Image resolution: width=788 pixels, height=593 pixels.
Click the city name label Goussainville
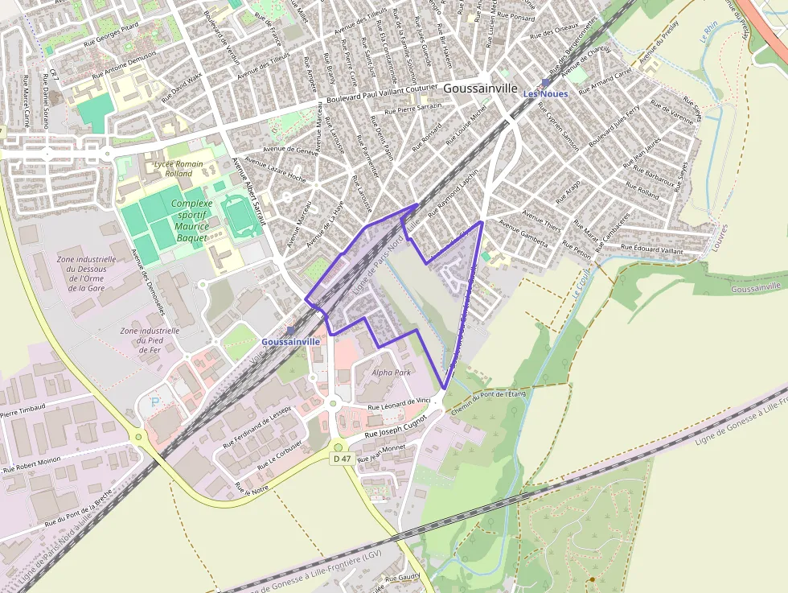[480, 89]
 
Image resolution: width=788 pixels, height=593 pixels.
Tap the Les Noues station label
[546, 93]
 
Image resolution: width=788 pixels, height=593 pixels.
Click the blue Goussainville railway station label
[290, 341]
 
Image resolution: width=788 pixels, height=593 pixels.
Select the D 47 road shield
[342, 459]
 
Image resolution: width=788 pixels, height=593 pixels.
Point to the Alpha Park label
[392, 373]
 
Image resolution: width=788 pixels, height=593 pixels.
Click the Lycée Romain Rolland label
[174, 169]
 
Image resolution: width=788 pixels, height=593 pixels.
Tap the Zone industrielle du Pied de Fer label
[150, 340]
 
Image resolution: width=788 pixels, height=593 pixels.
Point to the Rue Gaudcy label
[403, 578]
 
